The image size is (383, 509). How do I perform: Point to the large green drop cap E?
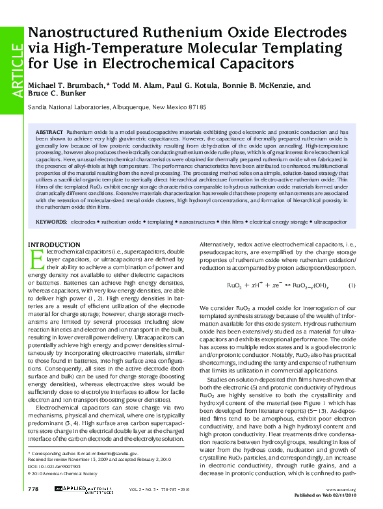(x=38, y=258)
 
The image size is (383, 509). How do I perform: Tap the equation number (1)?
(x=351, y=285)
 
